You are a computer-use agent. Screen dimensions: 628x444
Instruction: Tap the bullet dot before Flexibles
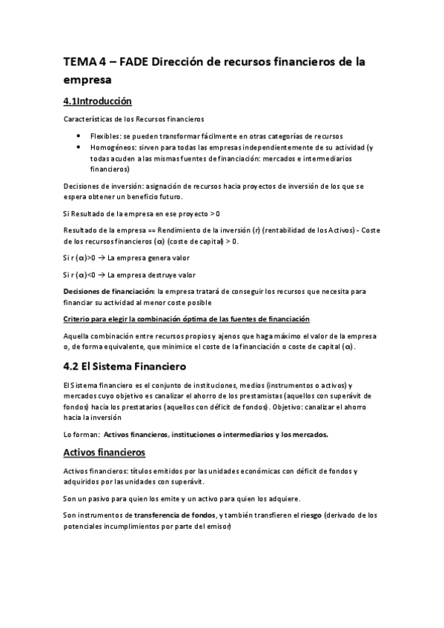click(79, 137)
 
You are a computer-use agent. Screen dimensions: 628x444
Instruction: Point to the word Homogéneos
click(110, 147)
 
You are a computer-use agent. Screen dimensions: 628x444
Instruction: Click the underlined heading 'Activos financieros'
click(104, 452)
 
